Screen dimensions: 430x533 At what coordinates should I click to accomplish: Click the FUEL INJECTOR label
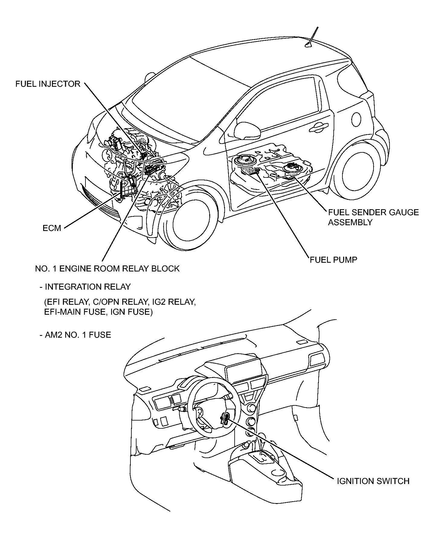pos(48,84)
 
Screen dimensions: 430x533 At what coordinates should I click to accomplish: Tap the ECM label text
pos(52,228)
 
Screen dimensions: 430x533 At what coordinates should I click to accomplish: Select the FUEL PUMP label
pos(334,259)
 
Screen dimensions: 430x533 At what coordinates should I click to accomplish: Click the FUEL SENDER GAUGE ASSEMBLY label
pos(374,217)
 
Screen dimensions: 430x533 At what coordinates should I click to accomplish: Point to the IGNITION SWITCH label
pos(373,481)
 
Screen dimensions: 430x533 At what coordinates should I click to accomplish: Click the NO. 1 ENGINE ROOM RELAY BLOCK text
pos(107,268)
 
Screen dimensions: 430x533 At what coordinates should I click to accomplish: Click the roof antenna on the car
pos(312,37)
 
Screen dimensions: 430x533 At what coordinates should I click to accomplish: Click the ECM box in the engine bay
pos(127,187)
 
